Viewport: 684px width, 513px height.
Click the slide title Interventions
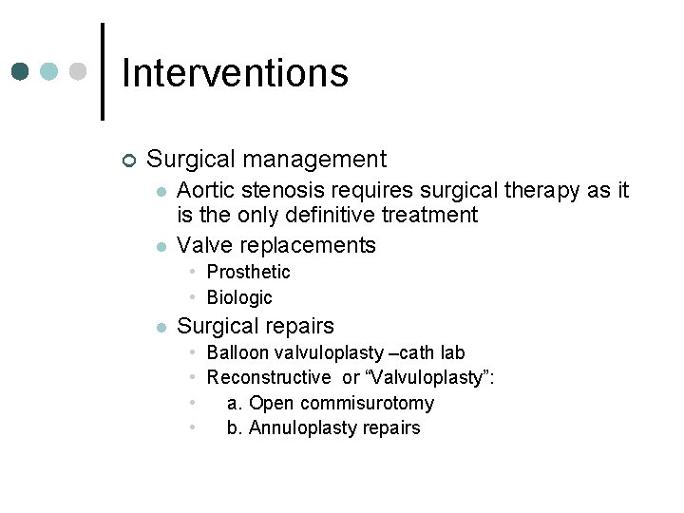235,73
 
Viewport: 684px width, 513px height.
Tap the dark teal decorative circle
21,72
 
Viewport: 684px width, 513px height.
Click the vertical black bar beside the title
103,72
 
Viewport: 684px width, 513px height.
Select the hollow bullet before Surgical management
129,160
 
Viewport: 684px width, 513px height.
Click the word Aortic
207,191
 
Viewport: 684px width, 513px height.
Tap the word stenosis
281,191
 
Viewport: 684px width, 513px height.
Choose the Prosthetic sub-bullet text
248,272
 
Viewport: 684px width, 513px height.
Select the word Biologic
239,297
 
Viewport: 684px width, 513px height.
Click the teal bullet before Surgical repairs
161,328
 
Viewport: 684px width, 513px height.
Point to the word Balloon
237,352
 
